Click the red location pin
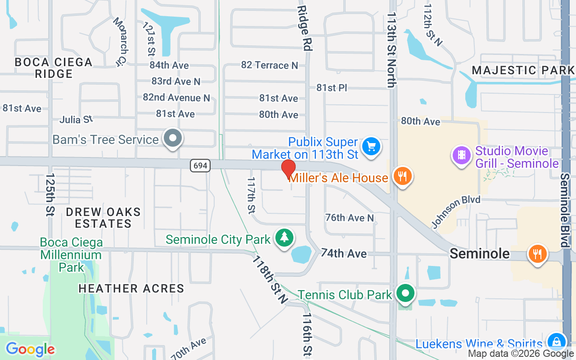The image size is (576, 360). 288,169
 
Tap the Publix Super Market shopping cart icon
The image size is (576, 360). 371,146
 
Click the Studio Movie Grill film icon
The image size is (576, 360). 462,155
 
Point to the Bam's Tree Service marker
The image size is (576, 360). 172,139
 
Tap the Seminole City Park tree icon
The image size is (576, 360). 284,237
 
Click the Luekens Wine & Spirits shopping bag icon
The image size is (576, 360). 556,342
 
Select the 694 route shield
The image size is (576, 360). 200,166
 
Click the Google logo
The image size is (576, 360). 30,349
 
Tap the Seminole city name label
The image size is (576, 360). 480,253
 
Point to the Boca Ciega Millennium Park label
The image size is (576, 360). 71,255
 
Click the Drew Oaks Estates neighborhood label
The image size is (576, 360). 103,217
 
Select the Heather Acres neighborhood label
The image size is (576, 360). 131,288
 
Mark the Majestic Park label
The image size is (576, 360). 523,70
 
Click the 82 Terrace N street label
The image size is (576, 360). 270,65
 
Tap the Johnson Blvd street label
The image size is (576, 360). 456,211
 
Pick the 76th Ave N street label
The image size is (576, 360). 350,218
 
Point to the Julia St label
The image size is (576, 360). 76,120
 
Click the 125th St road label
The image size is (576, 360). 49,194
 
